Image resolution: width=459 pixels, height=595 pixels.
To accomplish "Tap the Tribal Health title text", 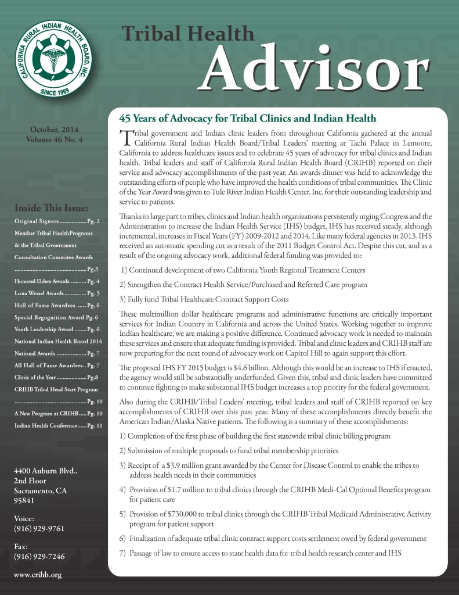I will click(188, 34).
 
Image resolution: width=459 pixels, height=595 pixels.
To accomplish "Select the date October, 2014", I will click(54, 129).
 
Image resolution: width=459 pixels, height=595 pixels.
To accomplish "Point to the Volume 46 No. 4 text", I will click(54, 139).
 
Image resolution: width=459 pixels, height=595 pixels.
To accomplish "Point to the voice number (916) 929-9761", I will click(38, 528).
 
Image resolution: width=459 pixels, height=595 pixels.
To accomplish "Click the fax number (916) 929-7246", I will click(38, 557).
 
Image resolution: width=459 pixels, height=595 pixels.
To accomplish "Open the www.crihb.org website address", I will click(37, 575).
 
